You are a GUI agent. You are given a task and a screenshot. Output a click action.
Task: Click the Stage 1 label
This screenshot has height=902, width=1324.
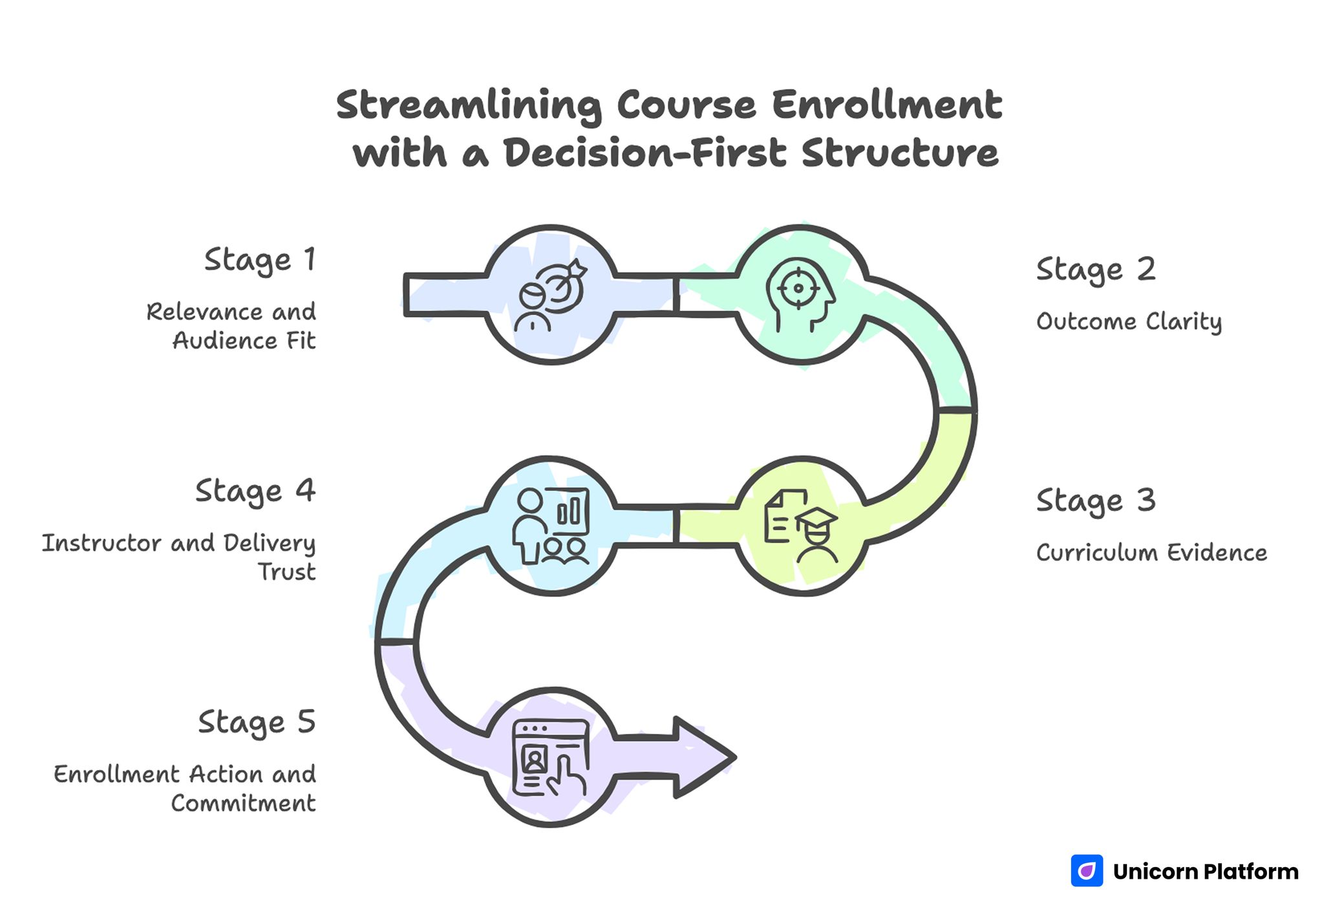pyautogui.click(x=260, y=261)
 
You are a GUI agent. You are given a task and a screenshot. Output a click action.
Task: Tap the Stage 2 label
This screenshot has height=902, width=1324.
pyautogui.click(x=1095, y=270)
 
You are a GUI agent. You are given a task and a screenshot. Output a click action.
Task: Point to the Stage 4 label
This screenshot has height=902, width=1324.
pyautogui.click(x=255, y=492)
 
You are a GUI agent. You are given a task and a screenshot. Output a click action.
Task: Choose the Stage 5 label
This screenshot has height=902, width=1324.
pyautogui.click(x=257, y=723)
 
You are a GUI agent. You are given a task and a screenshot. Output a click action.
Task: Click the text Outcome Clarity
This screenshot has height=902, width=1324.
pyautogui.click(x=1129, y=322)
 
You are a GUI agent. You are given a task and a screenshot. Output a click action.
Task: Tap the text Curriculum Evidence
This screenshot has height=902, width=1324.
pyautogui.click(x=1151, y=553)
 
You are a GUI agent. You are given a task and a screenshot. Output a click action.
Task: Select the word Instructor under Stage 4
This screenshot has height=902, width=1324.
pyautogui.click(x=101, y=543)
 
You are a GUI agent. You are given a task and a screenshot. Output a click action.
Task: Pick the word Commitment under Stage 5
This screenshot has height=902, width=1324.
pyautogui.click(x=244, y=804)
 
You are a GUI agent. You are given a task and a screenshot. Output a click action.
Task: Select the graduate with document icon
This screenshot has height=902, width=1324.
pyautogui.click(x=801, y=526)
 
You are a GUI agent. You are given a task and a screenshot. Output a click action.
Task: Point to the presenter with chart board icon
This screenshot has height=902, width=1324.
pyautogui.click(x=551, y=526)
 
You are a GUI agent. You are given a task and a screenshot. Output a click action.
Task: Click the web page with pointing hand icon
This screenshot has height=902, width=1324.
pyautogui.click(x=551, y=757)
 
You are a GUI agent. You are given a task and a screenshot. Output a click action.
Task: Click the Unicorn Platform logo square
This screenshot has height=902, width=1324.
pyautogui.click(x=1087, y=871)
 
